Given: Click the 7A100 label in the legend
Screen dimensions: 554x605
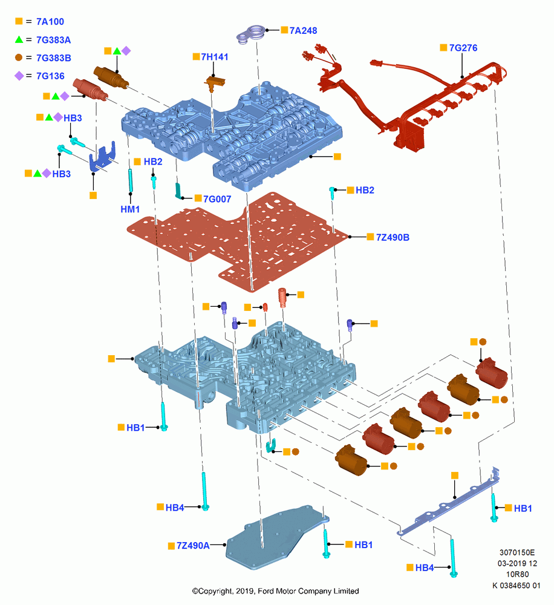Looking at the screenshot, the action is point(50,22).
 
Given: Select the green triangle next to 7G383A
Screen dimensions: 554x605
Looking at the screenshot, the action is point(19,39).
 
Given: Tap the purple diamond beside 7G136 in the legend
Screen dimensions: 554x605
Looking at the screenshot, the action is point(19,76).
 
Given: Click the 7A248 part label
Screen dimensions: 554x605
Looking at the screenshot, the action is point(303,30).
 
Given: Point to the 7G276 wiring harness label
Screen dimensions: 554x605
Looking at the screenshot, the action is point(463,48).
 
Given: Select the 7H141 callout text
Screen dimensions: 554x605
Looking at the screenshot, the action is point(215,57).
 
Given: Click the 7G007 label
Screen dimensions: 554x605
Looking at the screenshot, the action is point(217,199).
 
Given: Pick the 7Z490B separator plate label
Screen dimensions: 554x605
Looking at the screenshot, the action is point(393,237).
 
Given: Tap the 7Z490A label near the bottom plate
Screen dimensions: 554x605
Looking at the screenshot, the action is point(193,546).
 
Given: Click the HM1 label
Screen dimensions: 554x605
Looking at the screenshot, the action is point(130,209).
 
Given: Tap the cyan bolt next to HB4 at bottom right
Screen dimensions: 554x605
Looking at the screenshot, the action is point(453,558).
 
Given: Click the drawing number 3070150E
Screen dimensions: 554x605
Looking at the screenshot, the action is point(517,552).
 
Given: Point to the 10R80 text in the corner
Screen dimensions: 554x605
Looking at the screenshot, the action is point(517,574).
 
